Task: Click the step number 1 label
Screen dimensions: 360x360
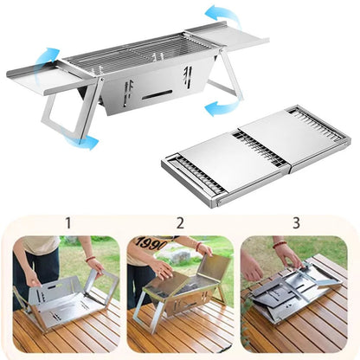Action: [x=67, y=224]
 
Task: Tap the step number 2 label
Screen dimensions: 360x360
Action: [x=180, y=224]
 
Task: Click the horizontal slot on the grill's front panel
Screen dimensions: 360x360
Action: [x=157, y=92]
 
